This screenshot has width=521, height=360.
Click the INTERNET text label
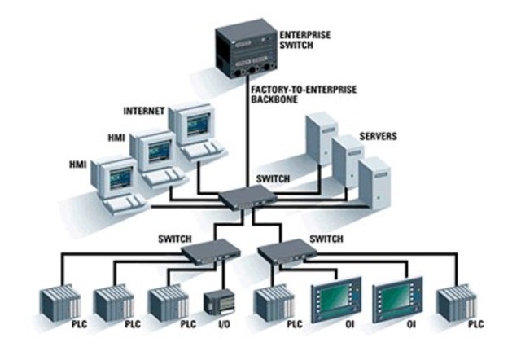click(x=144, y=110)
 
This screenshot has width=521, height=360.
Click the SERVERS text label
click(x=378, y=136)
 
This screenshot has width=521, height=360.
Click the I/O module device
click(x=218, y=302)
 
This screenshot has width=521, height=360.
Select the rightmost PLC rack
click(x=453, y=302)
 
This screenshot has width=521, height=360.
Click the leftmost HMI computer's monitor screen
click(x=120, y=174)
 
